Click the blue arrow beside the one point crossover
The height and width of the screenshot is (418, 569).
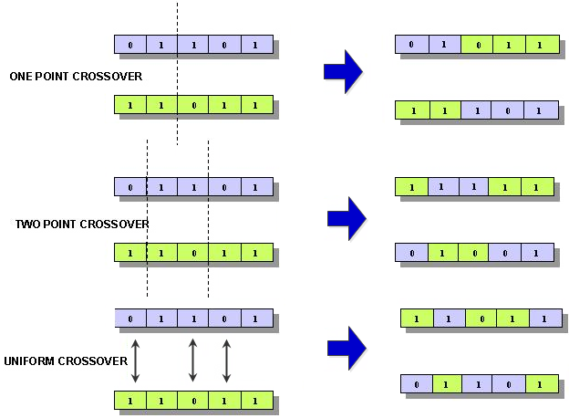343,71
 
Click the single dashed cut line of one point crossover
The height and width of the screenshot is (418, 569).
177,73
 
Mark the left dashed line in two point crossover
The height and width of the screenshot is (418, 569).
147,219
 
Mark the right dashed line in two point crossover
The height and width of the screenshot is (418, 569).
209,219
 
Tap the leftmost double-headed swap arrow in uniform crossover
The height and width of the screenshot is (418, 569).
135,360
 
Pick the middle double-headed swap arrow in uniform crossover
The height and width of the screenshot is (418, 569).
192,360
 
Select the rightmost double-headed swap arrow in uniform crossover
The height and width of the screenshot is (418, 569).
226,360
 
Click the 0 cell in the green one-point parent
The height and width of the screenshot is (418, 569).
192,105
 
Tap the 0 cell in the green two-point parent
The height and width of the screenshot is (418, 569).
192,252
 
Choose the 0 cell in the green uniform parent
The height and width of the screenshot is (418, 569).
192,400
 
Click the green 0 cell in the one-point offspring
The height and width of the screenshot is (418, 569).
478,44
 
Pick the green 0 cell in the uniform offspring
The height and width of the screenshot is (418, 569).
481,319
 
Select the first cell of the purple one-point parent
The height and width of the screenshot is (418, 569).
129,45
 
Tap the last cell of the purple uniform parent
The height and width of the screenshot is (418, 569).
255,318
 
